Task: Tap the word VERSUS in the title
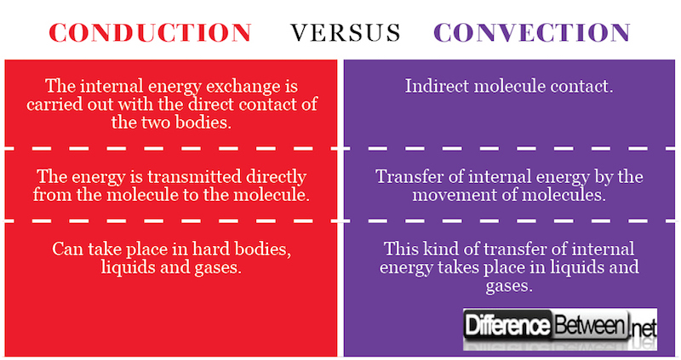point(345,32)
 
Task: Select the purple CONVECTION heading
point(532,32)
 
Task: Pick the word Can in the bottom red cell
point(67,249)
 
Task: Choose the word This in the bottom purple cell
point(401,249)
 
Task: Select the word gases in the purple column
point(509,287)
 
